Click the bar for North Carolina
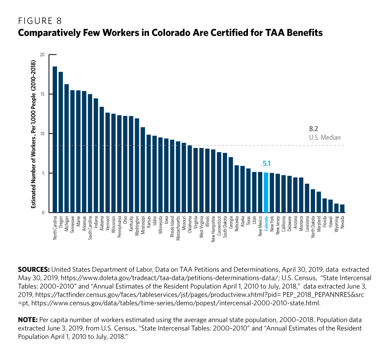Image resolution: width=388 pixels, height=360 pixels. coord(55,140)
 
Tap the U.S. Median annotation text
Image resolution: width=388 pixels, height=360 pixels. coord(325,137)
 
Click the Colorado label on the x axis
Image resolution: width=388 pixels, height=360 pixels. coord(266,223)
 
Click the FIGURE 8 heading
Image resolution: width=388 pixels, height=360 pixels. coord(40,21)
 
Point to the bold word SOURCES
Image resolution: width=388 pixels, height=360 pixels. coord(34,269)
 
